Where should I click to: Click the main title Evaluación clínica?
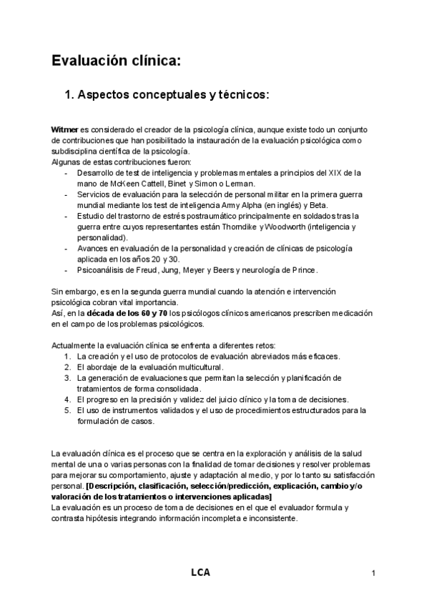pos(115,61)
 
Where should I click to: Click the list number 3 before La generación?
pos(66,377)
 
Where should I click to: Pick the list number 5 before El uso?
pos(66,409)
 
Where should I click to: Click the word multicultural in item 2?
pos(172,367)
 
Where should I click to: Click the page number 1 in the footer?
pos(373,573)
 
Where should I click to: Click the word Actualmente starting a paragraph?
pos(76,345)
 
